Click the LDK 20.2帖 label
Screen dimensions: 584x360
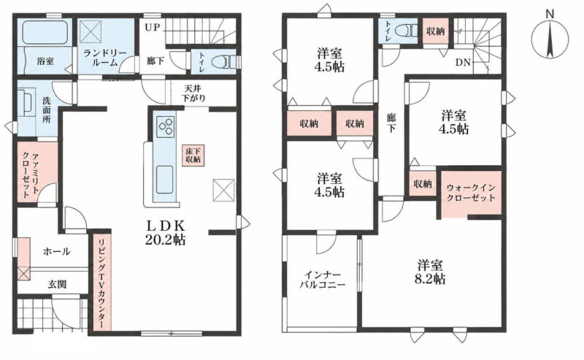coord(165,232)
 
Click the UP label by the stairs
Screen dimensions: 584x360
coord(152,28)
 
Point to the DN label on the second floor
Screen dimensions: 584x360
coord(464,62)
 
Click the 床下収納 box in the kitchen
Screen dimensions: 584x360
coord(193,155)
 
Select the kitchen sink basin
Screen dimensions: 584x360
coord(164,180)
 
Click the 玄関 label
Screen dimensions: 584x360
coord(57,284)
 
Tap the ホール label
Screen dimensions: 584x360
coord(57,251)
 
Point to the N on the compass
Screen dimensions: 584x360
coord(550,14)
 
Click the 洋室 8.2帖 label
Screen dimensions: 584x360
coord(430,272)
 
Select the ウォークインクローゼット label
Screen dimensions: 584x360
coord(471,193)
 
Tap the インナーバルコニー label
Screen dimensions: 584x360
coord(323,280)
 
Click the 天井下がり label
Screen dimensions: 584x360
coord(193,93)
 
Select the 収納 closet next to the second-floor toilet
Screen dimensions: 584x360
coord(435,31)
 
